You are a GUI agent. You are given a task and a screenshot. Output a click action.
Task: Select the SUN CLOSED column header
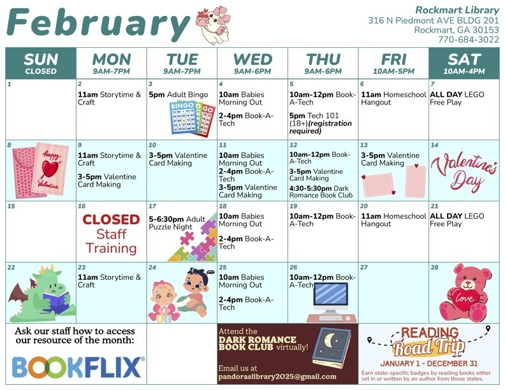click(41, 62)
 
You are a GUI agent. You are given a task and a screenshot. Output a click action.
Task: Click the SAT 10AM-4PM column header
click(464, 62)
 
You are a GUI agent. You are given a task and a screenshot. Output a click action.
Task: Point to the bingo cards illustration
click(189, 118)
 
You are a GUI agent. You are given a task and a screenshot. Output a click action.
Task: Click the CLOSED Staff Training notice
click(112, 233)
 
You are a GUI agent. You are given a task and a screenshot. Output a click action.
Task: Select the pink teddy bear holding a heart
click(465, 292)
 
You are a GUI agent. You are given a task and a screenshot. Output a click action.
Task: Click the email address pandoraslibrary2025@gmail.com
click(277, 377)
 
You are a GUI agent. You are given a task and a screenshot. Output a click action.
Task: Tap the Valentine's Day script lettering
click(464, 172)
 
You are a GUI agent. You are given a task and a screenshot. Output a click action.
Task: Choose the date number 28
click(435, 268)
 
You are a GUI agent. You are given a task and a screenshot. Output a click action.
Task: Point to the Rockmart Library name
click(457, 10)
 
